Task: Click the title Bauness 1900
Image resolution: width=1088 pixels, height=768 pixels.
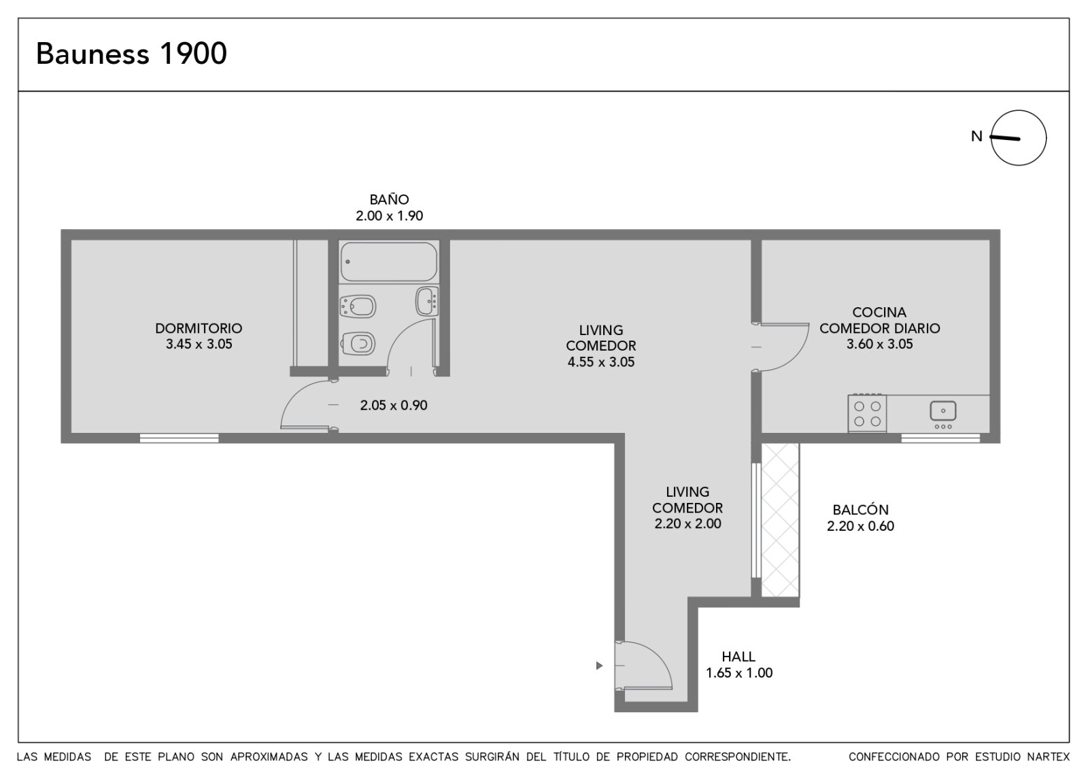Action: [131, 53]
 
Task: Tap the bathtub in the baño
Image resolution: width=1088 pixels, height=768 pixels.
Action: [388, 262]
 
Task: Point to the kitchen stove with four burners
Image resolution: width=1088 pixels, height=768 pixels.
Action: [867, 413]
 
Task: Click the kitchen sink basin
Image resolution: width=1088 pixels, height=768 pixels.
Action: [942, 411]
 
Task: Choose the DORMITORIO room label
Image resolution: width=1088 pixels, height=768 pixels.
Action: [199, 328]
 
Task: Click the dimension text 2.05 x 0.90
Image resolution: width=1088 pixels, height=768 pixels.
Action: [394, 405]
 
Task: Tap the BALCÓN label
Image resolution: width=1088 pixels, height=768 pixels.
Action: [860, 510]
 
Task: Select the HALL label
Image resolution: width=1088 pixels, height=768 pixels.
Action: [738, 657]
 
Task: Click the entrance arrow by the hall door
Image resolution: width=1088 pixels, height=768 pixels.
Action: [599, 665]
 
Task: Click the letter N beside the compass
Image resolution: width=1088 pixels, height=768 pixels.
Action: [976, 137]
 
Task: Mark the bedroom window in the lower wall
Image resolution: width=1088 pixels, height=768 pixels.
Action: [180, 438]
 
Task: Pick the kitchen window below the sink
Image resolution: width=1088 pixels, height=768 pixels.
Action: [940, 438]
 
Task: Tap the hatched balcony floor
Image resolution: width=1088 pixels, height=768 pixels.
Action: [780, 519]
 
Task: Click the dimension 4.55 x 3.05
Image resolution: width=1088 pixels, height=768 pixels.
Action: [601, 362]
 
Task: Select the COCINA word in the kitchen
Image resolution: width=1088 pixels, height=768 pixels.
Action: [879, 312]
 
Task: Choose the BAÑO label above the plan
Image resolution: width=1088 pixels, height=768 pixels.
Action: [389, 199]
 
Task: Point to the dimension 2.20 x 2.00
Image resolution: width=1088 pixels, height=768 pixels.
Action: [687, 524]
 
